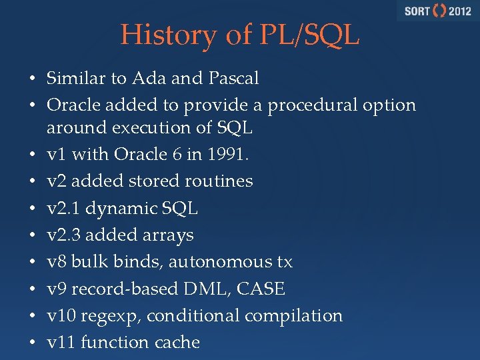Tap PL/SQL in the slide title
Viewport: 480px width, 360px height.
click(307, 35)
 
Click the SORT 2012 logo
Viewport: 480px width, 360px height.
click(437, 11)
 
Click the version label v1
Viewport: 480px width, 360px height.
click(56, 154)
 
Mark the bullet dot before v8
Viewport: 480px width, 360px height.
click(31, 263)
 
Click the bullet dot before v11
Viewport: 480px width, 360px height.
click(31, 343)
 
